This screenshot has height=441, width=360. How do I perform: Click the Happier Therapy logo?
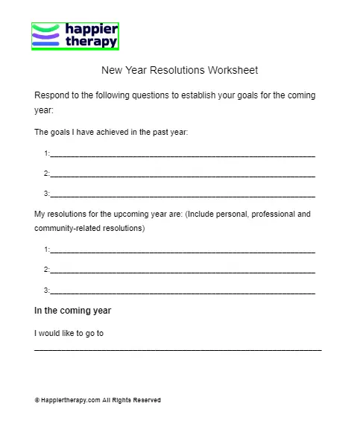coord(75,35)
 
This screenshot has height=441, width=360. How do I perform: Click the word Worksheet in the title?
coord(232,71)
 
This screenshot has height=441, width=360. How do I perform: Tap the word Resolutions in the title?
coord(175,71)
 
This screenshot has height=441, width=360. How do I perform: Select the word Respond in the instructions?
coord(53,96)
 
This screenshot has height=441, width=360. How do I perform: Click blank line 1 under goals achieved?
coord(183,154)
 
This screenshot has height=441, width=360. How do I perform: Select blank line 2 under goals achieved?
coord(183,174)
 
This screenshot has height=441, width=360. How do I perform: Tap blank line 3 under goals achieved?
coord(183,194)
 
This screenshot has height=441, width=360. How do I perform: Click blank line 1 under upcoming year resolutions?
coord(183,250)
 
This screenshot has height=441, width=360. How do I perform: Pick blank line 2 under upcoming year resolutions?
coord(183,270)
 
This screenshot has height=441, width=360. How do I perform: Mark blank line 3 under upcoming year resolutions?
coord(183,290)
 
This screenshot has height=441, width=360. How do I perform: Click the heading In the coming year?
coord(73,310)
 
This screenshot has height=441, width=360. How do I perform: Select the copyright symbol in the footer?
coord(37,400)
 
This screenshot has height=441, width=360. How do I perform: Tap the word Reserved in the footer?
coord(147,400)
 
